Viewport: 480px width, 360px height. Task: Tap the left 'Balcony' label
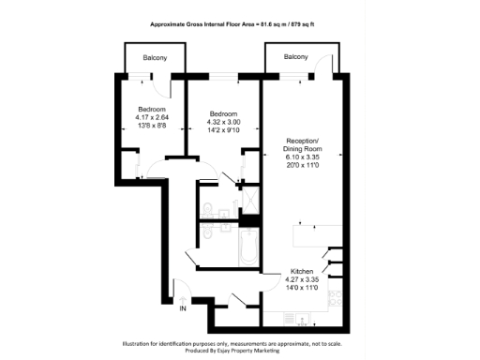(155, 58)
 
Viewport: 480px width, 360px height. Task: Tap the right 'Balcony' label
(296, 58)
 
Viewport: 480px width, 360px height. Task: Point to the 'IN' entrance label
(183, 308)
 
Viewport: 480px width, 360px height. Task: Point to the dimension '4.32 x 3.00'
(223, 122)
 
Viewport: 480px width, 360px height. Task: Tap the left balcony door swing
(164, 86)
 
